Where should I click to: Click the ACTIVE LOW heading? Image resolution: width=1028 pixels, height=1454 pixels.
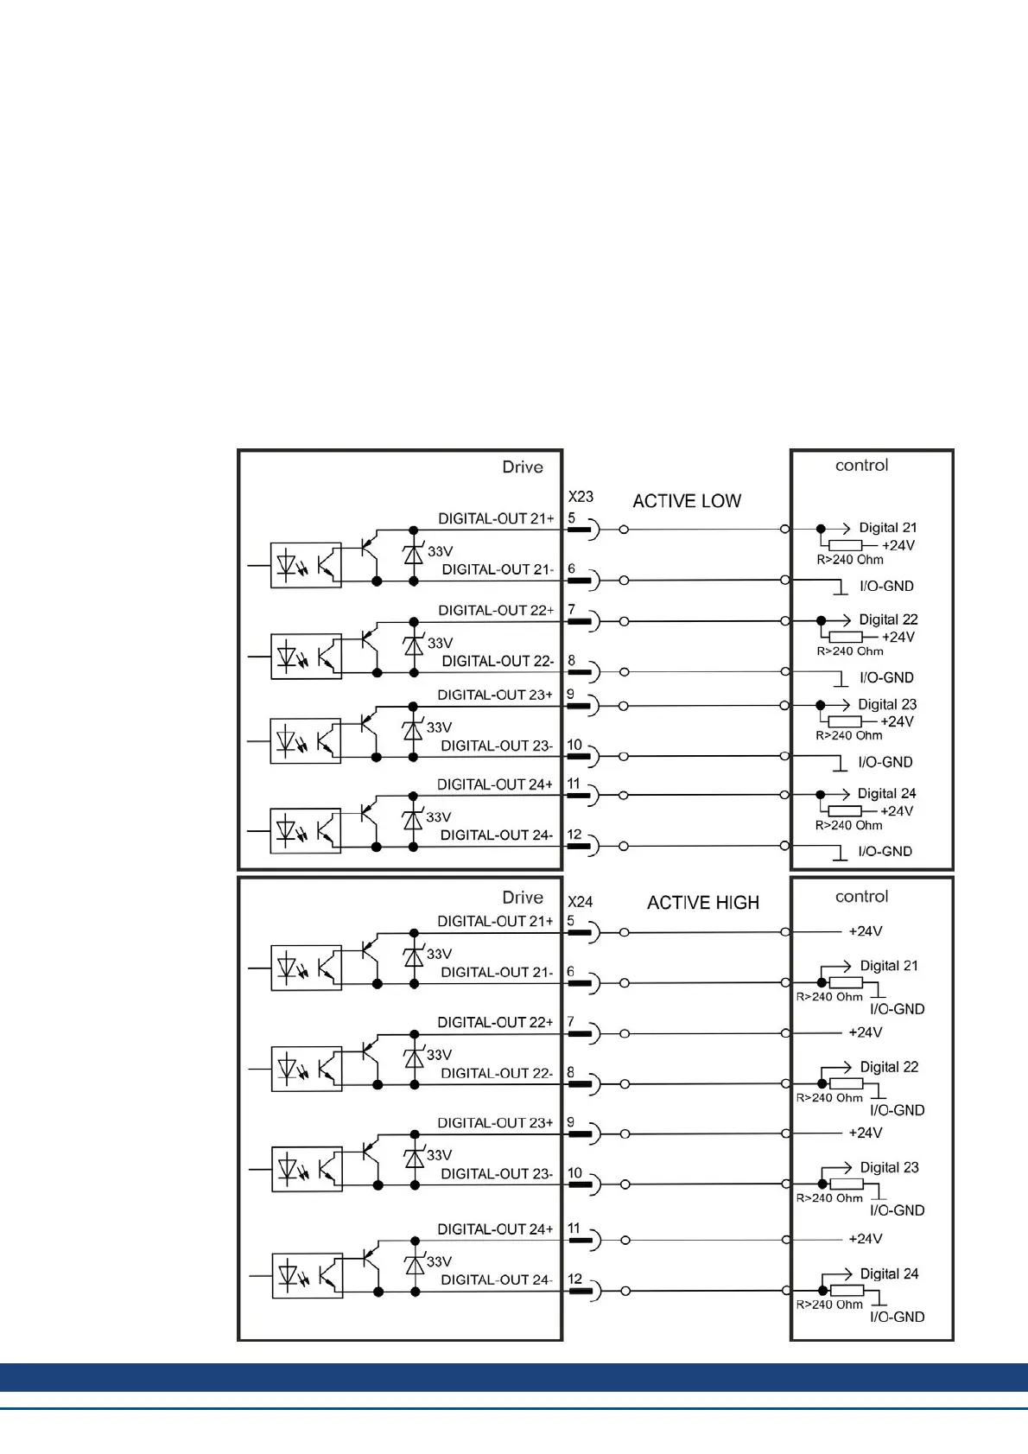(x=687, y=501)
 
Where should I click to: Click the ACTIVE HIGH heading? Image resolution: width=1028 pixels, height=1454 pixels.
(x=703, y=903)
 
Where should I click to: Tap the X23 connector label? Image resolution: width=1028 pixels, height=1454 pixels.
(x=581, y=497)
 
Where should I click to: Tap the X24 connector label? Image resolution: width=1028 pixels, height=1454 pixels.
(x=581, y=902)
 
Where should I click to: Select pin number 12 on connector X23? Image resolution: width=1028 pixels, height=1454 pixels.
(x=574, y=835)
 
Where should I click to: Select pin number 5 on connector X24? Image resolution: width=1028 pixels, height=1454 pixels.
(x=570, y=921)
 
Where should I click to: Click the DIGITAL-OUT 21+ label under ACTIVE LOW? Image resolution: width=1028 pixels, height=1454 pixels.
(x=496, y=518)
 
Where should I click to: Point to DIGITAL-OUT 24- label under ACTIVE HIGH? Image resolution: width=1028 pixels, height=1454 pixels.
(x=496, y=1279)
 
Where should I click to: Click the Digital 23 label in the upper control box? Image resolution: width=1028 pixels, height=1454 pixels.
(x=887, y=704)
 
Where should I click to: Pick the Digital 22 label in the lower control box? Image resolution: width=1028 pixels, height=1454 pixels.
(x=889, y=1067)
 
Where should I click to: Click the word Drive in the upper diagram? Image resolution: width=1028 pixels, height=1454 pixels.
(x=523, y=467)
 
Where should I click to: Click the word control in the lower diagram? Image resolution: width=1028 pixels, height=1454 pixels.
(x=861, y=897)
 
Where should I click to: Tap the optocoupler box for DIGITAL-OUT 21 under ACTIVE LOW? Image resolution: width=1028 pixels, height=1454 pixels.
(x=306, y=565)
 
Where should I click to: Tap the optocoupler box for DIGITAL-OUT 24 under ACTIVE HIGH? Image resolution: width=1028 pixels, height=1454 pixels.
(x=307, y=1275)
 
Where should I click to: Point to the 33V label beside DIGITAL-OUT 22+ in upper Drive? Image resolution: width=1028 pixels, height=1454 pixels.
(x=440, y=643)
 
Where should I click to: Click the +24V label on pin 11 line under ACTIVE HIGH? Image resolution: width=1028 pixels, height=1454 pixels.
(x=866, y=1239)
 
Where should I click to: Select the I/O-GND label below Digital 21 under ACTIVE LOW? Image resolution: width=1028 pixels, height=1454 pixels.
(x=886, y=586)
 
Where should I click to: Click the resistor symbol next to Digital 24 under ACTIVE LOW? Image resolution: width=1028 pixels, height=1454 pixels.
(x=845, y=811)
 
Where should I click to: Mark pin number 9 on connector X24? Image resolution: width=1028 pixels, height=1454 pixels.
(x=570, y=1122)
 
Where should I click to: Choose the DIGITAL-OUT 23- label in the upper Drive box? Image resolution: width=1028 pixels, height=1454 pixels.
(x=497, y=746)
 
